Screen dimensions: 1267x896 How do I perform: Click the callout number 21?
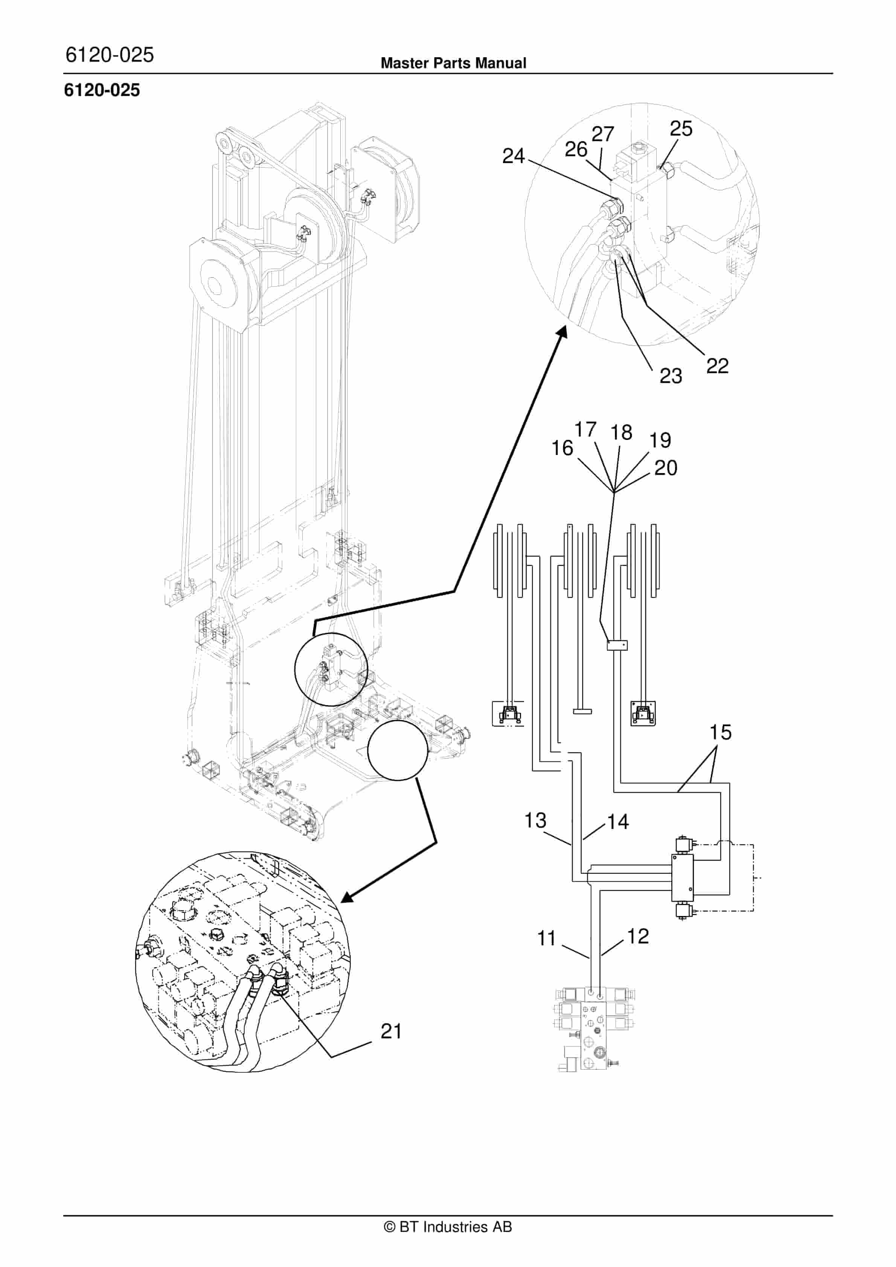pos(391,1031)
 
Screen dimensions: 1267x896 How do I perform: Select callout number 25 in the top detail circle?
pos(681,128)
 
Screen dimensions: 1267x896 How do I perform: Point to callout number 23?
pos(670,376)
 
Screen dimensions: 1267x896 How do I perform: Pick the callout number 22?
pos(717,366)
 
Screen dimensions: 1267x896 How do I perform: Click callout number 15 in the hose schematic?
pos(720,732)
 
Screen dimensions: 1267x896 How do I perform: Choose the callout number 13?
pos(535,820)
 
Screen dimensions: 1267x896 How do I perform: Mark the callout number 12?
pos(638,936)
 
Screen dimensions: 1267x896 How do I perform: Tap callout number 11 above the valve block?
pos(546,938)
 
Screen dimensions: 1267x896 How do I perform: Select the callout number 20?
pos(665,468)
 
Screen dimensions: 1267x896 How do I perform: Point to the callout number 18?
pos(621,432)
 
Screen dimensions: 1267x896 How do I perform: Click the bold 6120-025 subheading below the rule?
pos(102,90)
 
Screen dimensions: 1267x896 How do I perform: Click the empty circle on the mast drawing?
pos(397,750)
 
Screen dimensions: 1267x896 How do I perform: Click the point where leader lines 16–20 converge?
pos(614,492)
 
